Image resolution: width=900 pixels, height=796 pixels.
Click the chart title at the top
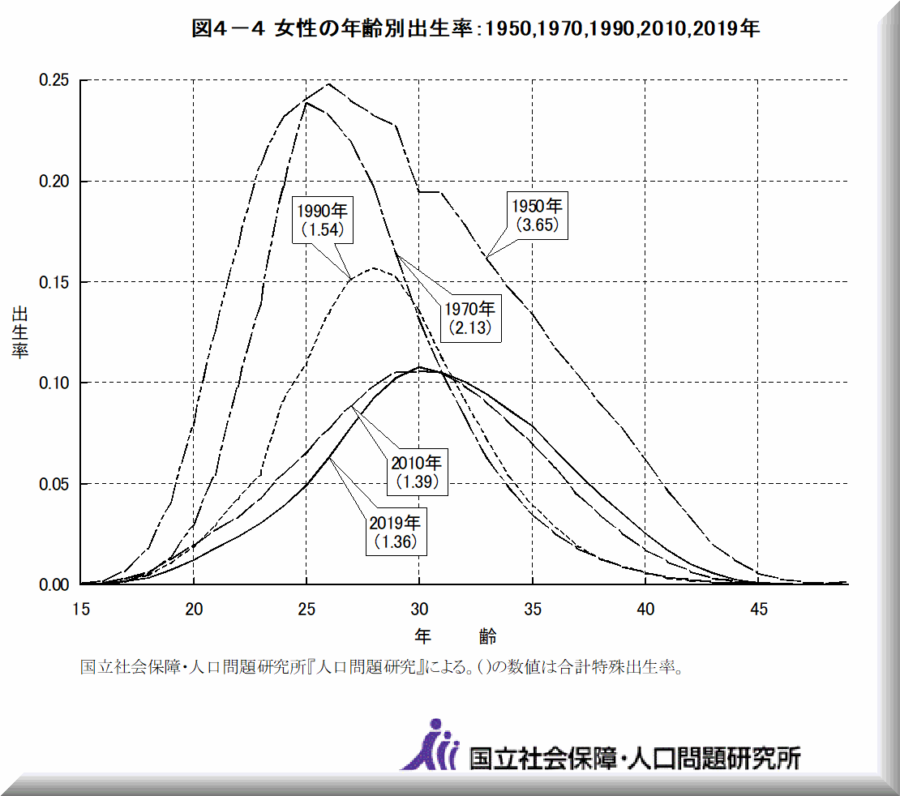(475, 29)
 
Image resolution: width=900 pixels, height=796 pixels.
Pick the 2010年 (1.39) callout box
(417, 472)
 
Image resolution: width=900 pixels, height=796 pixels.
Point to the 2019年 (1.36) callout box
(396, 533)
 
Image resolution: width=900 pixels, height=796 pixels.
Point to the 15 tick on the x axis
(81, 607)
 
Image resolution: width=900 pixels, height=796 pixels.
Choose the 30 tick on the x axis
(419, 607)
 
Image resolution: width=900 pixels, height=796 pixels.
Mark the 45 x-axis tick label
(757, 607)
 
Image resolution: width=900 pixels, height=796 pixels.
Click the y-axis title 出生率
(20, 332)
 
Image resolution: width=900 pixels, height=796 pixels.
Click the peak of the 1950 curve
(328, 83)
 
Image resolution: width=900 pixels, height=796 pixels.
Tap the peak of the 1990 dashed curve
(374, 267)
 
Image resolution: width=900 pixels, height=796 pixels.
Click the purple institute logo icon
(431, 744)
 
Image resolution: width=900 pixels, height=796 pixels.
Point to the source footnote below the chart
(379, 669)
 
